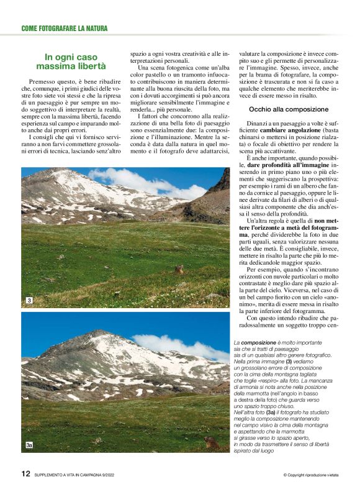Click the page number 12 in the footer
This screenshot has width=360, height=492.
point(25,473)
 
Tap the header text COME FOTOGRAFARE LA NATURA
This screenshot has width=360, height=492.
point(65,28)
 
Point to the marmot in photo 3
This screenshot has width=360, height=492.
point(179,270)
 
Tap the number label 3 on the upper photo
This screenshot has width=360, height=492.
point(29,301)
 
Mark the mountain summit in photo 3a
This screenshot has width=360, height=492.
point(95,334)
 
